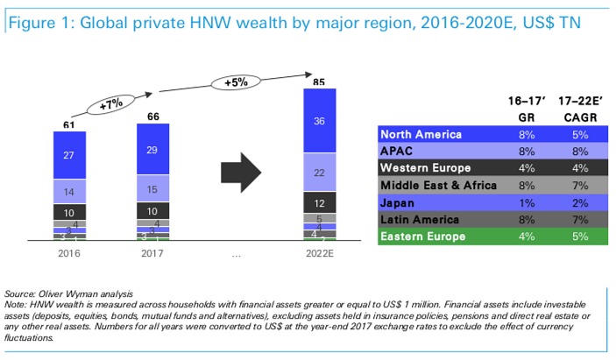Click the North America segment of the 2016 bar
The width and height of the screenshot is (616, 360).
70,154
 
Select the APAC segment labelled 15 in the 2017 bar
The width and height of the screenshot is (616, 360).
153,190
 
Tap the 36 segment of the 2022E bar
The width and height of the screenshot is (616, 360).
318,121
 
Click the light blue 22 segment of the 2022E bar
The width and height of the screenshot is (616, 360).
318,172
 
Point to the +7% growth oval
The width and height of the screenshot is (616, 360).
110,105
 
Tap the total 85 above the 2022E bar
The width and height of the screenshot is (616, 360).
318,82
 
